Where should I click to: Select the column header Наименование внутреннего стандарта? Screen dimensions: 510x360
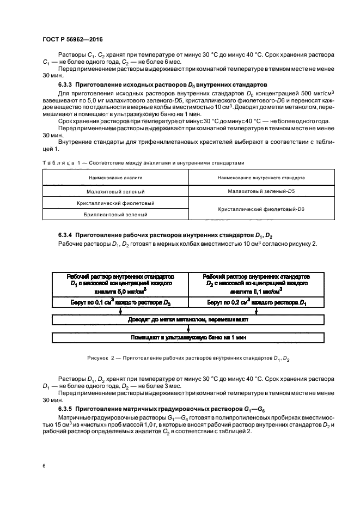[261, 178]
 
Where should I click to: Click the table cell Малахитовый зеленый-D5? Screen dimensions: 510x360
[261, 191]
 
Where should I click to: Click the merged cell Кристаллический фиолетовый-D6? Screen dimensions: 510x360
[261, 209]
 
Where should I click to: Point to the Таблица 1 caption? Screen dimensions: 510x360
[143, 162]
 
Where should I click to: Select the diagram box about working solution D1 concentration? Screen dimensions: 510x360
[120, 284]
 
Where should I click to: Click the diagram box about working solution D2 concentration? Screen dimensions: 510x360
[256, 284]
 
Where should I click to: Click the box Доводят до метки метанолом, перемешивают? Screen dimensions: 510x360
[188, 319]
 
